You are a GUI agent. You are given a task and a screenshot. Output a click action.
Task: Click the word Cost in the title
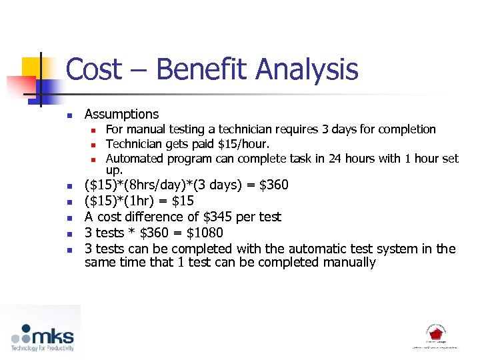(95, 70)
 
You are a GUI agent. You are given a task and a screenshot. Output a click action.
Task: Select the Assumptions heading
(122, 114)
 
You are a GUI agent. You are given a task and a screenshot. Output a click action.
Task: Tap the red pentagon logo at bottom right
(435, 332)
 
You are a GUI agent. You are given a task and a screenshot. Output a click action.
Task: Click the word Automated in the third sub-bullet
(134, 159)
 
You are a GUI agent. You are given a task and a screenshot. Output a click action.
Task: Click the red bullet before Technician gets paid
(95, 145)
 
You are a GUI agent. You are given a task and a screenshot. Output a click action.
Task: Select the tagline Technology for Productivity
(41, 348)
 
